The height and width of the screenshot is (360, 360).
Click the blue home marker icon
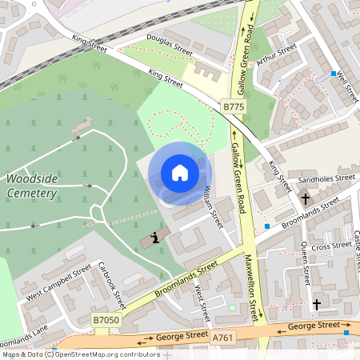pos(180,172)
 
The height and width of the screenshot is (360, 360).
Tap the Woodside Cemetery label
pos(32,186)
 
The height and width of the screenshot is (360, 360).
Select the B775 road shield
pos(233,106)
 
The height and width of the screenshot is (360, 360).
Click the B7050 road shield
pos(106,320)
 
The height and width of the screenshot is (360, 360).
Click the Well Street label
pos(346,86)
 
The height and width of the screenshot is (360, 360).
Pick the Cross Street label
pos(330,246)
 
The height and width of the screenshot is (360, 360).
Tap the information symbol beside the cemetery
pos(154,238)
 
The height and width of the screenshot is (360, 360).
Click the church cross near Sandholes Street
pos(305,198)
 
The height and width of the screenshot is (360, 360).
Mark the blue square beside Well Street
pos(333,74)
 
